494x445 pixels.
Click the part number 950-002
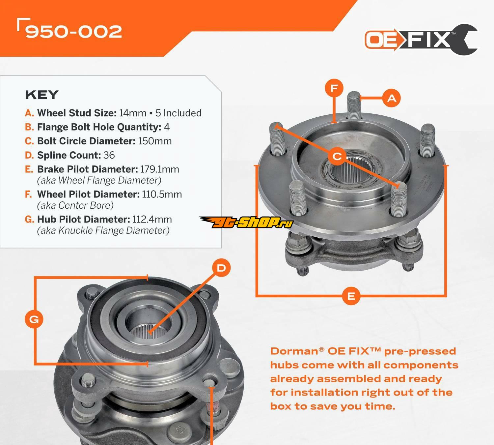coord(74,32)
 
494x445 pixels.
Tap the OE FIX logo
coord(421,40)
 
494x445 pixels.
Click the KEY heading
coord(42,95)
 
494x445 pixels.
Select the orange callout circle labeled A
coord(392,98)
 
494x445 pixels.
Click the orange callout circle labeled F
coord(334,88)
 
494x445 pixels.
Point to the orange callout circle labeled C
coord(337,156)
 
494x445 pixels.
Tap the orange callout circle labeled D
coord(221,268)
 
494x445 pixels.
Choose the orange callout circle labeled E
coord(351,296)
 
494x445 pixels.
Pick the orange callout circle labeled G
coord(34,319)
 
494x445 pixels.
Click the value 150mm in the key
coord(155,141)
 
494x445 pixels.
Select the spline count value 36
coord(109,155)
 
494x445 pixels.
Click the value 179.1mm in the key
coord(160,169)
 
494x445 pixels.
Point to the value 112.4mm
coord(152,220)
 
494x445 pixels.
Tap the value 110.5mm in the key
coord(162,194)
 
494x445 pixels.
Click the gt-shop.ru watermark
coord(246,222)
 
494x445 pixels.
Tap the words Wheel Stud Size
coord(77,113)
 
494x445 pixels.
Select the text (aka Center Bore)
coord(75,205)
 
